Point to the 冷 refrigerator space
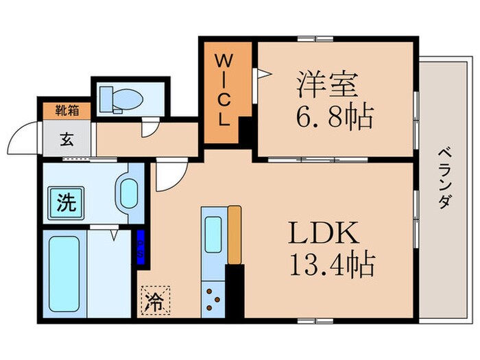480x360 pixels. pyautogui.click(x=156, y=302)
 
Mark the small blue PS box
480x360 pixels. pyautogui.click(x=141, y=244)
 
